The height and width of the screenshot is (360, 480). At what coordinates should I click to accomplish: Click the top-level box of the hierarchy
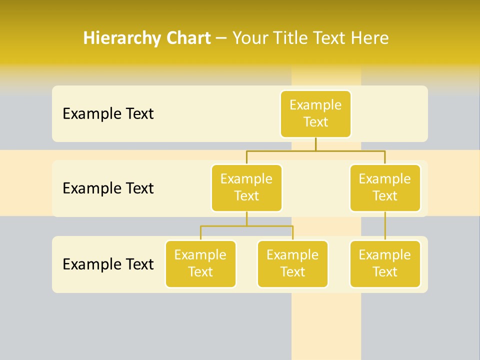pyautogui.click(x=315, y=114)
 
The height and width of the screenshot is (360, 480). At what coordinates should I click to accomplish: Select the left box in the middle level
pyautogui.click(x=246, y=188)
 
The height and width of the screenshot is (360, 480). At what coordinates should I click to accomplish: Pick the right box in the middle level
pyautogui.click(x=385, y=188)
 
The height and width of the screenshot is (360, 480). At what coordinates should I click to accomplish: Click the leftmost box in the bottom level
pyautogui.click(x=200, y=264)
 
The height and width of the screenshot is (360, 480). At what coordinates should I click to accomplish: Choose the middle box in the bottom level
pyautogui.click(x=292, y=264)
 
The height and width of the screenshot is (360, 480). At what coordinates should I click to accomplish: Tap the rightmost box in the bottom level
pyautogui.click(x=385, y=264)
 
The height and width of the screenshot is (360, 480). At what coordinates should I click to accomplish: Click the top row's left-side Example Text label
pyautogui.click(x=108, y=114)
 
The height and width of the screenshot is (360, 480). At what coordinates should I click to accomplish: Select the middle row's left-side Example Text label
pyautogui.click(x=108, y=188)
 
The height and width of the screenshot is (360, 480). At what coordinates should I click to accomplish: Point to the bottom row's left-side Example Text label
pyautogui.click(x=108, y=264)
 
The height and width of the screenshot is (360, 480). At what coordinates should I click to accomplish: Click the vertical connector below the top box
pyautogui.click(x=315, y=144)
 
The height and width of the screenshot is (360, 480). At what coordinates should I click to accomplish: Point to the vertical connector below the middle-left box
pyautogui.click(x=246, y=218)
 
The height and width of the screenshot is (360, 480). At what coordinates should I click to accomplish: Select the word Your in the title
pyautogui.click(x=249, y=38)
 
